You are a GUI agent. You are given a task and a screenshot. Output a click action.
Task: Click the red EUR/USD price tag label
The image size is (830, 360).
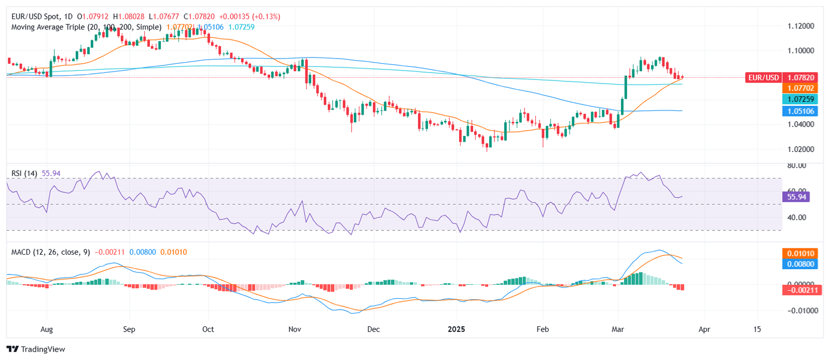[x=763, y=78]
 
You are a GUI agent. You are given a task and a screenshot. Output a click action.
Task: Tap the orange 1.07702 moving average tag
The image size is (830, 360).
[x=800, y=88]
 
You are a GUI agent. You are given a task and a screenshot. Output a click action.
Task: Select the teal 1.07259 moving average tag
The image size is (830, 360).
[x=800, y=99]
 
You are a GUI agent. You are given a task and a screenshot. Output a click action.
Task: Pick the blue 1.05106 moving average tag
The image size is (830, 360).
[x=800, y=111]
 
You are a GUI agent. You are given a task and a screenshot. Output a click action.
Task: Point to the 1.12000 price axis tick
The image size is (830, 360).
[x=800, y=26]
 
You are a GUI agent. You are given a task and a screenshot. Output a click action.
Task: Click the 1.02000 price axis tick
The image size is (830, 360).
[x=800, y=149]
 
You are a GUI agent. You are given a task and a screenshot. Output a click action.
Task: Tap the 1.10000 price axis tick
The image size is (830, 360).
[x=800, y=51]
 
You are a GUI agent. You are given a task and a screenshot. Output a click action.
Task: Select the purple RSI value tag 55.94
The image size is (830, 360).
[x=796, y=197]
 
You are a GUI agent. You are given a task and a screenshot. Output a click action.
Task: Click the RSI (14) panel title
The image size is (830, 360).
[x=24, y=173]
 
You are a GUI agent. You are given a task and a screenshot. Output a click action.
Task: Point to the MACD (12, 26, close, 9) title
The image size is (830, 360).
[x=50, y=252]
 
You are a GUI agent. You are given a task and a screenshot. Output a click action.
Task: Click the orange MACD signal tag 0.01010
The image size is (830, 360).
[x=800, y=253]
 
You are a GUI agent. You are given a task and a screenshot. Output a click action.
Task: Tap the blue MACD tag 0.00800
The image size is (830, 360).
[x=800, y=264]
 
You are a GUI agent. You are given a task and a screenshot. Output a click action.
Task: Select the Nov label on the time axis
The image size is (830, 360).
[x=295, y=329]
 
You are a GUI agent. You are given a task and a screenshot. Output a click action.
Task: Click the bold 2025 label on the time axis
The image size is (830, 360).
[x=457, y=329]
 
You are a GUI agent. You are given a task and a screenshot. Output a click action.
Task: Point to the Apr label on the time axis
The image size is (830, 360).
[x=704, y=329]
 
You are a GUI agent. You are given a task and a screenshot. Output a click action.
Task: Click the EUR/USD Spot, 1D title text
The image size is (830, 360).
[x=42, y=17]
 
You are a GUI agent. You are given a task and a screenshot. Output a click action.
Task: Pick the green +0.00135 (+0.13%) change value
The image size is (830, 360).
[x=248, y=17]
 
